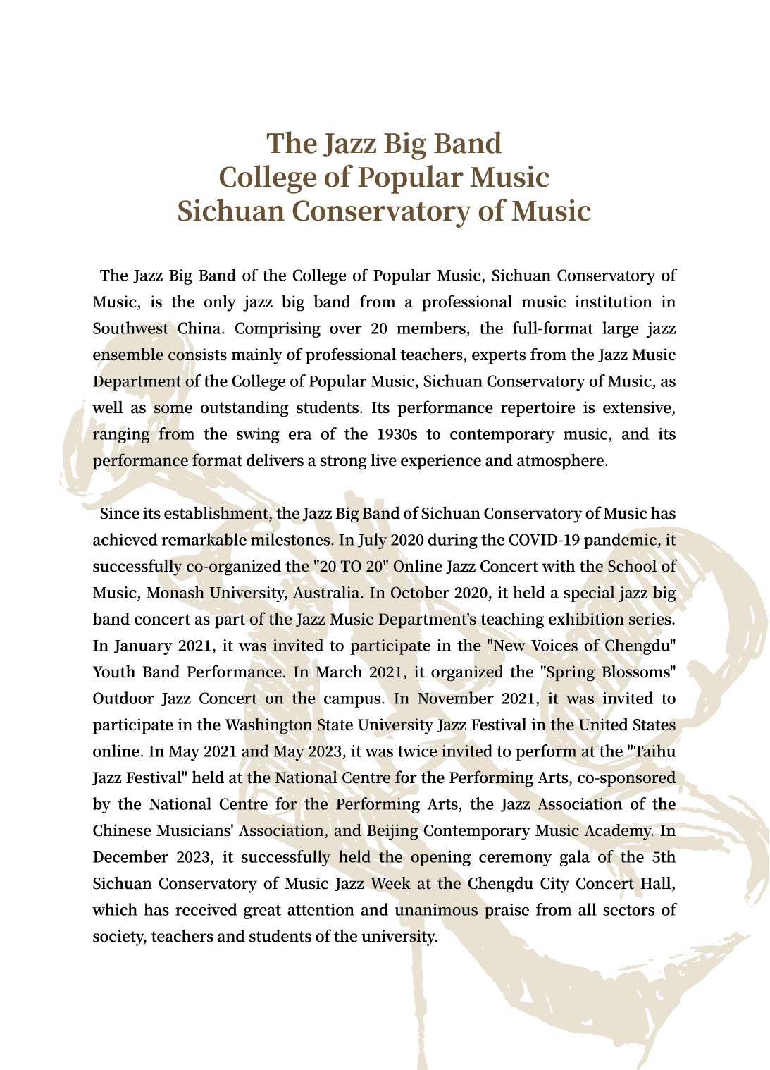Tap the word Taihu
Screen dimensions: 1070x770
click(x=654, y=751)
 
